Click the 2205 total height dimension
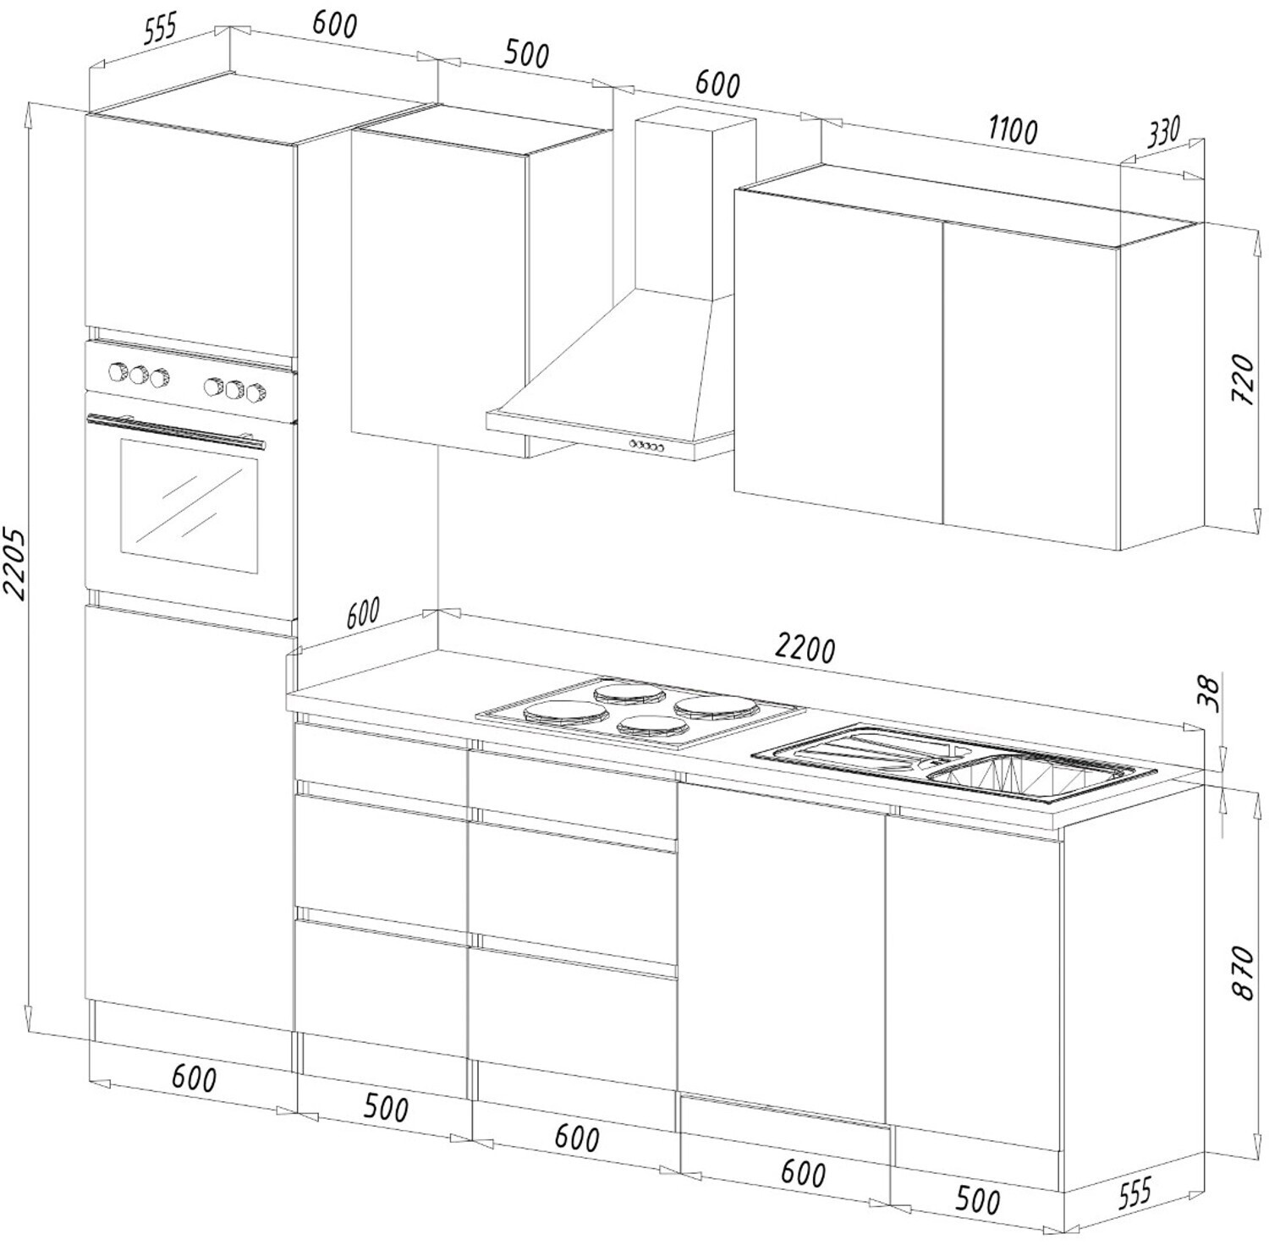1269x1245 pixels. pyautogui.click(x=15, y=563)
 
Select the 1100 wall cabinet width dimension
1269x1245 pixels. pyautogui.click(x=1012, y=130)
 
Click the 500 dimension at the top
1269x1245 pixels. pyautogui.click(x=526, y=53)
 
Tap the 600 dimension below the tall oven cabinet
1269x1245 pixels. pyautogui.click(x=194, y=1078)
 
